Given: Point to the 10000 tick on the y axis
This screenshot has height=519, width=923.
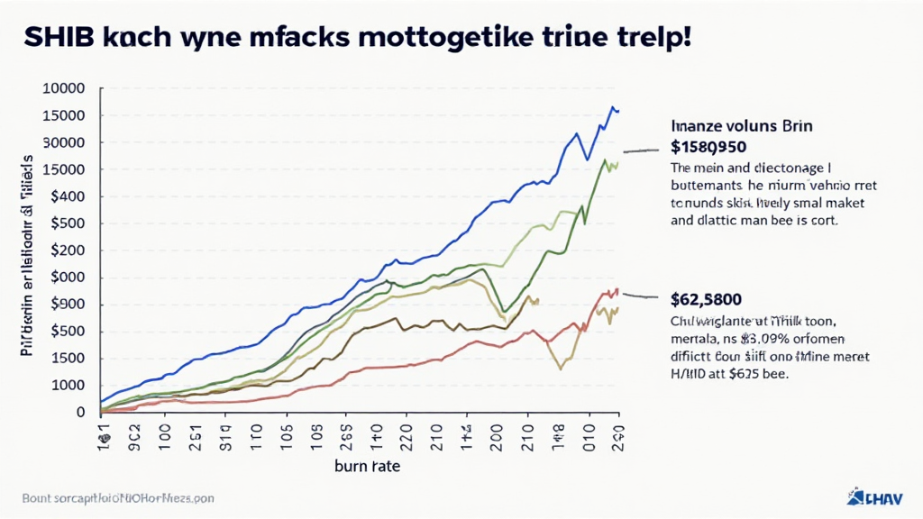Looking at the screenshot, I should pyautogui.click(x=64, y=88).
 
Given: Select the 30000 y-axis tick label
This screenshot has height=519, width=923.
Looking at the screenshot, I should pyautogui.click(x=64, y=142).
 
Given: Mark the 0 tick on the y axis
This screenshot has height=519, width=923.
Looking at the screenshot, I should pyautogui.click(x=80, y=412).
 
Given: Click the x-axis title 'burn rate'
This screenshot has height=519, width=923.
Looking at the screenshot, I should pyautogui.click(x=367, y=467).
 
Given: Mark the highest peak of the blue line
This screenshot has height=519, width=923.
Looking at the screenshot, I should pyautogui.click(x=613, y=107).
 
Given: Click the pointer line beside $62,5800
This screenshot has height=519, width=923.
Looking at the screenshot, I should pyautogui.click(x=641, y=296).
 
